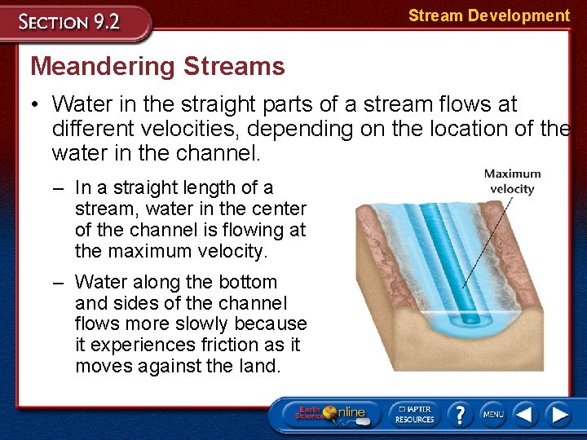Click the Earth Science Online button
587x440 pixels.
[x=330, y=414]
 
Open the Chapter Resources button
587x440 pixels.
[x=414, y=414]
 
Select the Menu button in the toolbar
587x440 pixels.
[x=492, y=414]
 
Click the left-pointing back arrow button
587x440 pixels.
[x=525, y=415]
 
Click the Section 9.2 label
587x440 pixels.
[x=71, y=21]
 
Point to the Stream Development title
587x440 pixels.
[x=488, y=15]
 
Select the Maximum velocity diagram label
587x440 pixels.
[x=512, y=181]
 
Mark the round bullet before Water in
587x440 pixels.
[x=37, y=105]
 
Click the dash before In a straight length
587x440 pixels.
[x=61, y=188]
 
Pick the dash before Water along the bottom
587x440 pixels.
[x=61, y=283]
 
